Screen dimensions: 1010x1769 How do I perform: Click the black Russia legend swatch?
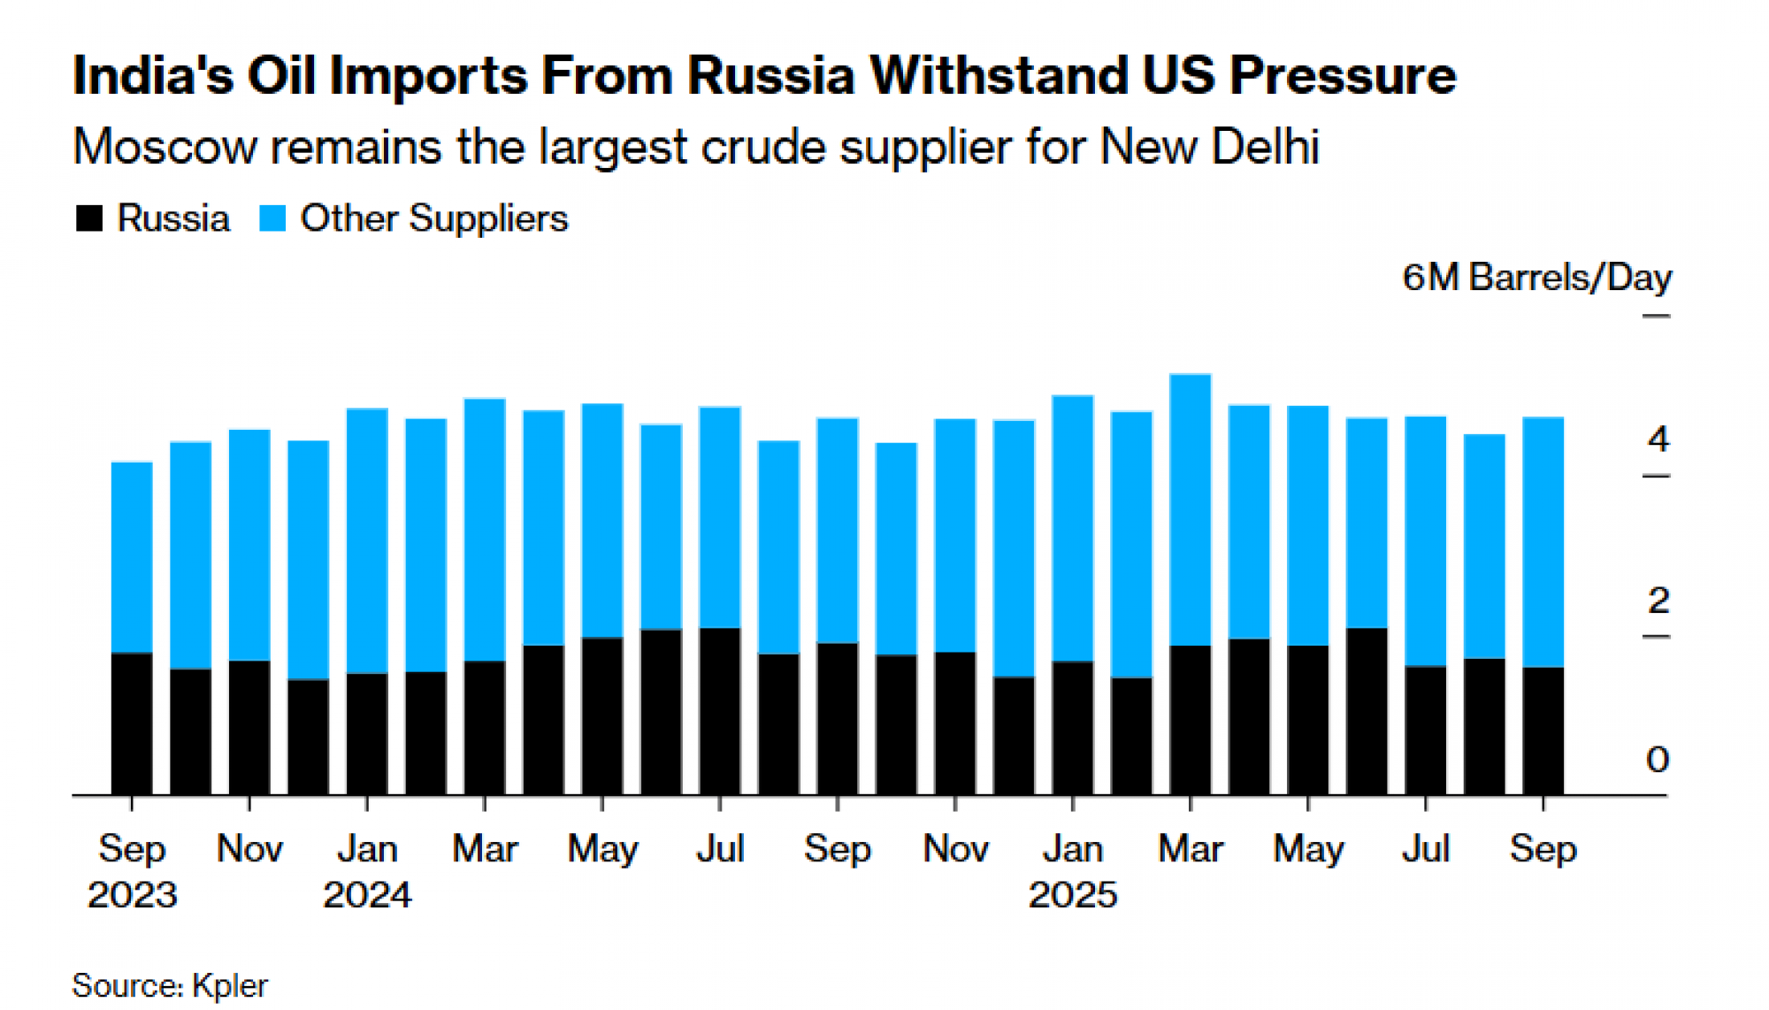pos(89,218)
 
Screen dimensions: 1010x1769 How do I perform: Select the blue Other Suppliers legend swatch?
pos(272,218)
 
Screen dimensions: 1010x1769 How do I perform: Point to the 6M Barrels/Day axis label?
pos(1536,278)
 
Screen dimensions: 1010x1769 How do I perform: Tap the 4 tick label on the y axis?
pos(1658,439)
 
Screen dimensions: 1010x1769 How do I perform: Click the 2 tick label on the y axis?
pos(1658,601)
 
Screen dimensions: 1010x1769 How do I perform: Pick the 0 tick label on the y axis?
pos(1658,760)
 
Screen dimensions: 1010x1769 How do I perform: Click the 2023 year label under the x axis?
pos(132,895)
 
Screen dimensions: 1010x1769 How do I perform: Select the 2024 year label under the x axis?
pos(367,895)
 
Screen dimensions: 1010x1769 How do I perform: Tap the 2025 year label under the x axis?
pos(1073,895)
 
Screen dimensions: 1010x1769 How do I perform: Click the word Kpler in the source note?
pos(230,985)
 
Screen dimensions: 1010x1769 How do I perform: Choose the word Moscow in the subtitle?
pos(165,147)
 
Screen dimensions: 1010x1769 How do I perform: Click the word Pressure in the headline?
pos(1343,76)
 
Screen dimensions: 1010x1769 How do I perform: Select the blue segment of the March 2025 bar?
pos(1191,509)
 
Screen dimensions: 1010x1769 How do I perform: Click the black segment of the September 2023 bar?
pos(132,723)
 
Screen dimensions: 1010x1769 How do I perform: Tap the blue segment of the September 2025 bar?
pos(1543,541)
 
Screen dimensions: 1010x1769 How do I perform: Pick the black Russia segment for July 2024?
pos(720,711)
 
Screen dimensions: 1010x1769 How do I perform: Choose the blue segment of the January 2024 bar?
pos(367,540)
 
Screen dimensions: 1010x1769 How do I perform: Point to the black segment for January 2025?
pos(1073,728)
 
